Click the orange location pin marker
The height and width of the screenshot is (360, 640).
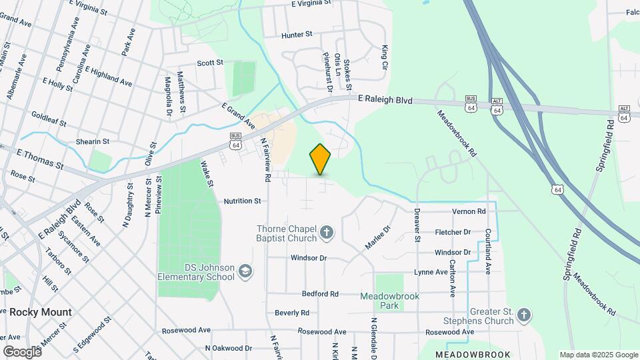pyautogui.click(x=320, y=159)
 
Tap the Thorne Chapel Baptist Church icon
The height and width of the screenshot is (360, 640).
pyautogui.click(x=326, y=233)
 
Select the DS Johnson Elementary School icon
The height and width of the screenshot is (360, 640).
pyautogui.click(x=245, y=270)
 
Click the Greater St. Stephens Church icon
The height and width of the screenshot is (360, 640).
pyautogui.click(x=524, y=315)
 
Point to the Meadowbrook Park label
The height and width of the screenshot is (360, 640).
pyautogui.click(x=389, y=301)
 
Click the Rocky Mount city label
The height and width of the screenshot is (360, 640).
pyautogui.click(x=40, y=312)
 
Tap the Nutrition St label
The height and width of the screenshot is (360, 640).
pyautogui.click(x=242, y=201)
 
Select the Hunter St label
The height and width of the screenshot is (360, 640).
pyautogui.click(x=297, y=34)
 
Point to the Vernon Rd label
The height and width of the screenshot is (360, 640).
pyautogui.click(x=469, y=211)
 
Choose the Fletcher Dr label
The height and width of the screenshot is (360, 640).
pyautogui.click(x=453, y=232)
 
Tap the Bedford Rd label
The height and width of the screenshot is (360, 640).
pyautogui.click(x=320, y=293)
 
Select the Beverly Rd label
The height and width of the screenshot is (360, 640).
pyautogui.click(x=292, y=313)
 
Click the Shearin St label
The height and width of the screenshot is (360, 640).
pyautogui.click(x=92, y=141)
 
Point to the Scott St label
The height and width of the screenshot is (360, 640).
pyautogui.click(x=209, y=63)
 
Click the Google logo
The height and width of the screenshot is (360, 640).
pyautogui.click(x=22, y=351)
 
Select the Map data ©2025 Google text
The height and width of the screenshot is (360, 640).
pyautogui.click(x=598, y=355)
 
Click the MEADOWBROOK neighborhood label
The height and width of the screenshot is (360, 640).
pyautogui.click(x=473, y=355)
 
